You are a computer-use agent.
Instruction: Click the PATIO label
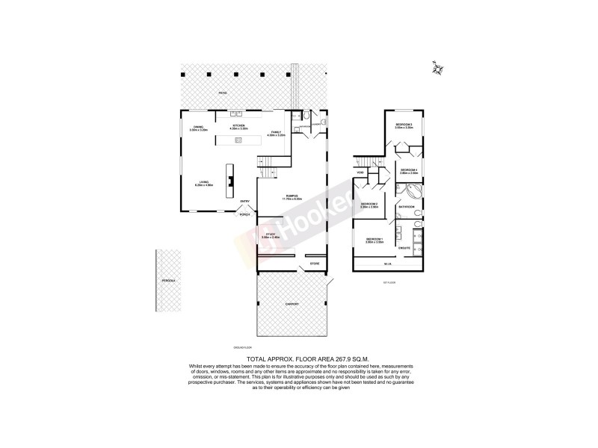pos(222,93)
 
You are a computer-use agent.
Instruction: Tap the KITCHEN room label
pos(238,126)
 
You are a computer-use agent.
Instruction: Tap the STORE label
pos(315,264)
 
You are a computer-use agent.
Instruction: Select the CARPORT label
pos(292,305)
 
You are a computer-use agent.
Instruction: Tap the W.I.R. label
pos(387,264)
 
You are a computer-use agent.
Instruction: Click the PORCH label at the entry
pos(244,215)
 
